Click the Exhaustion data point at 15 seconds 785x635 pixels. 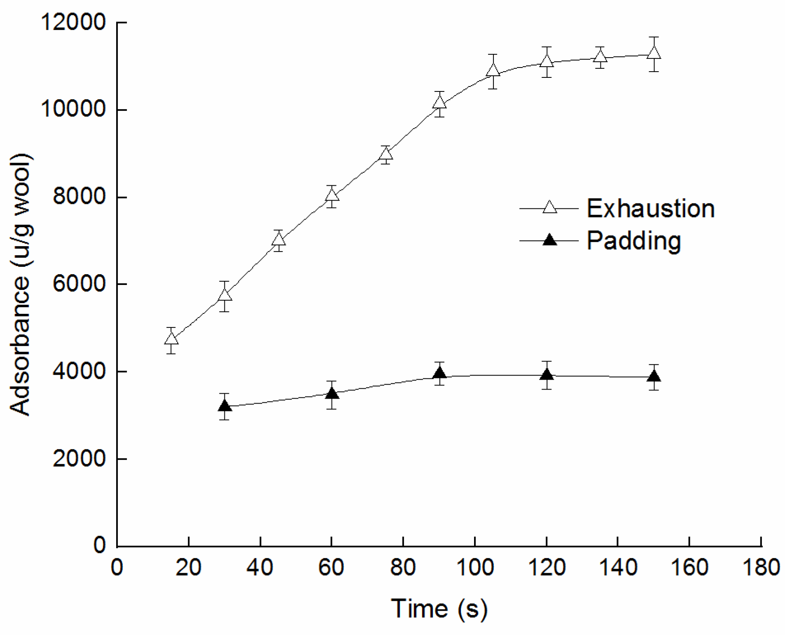(x=171, y=339)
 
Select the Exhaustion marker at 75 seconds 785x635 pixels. (x=385, y=154)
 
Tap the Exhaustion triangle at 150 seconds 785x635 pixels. (x=654, y=53)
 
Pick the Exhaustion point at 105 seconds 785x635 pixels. (x=493, y=70)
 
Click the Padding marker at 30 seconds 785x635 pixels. (x=224, y=406)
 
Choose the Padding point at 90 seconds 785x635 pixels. (x=439, y=374)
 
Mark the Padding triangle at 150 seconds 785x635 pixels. (x=654, y=376)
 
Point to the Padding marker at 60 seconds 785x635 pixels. (x=332, y=394)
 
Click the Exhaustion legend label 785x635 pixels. (x=650, y=208)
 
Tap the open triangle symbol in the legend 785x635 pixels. (x=549, y=207)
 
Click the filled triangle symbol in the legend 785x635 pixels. (x=549, y=240)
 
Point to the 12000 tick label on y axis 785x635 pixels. (x=73, y=22)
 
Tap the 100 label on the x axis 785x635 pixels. (x=475, y=568)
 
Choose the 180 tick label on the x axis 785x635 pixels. (x=761, y=568)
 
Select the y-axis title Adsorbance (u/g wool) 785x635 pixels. (x=21, y=284)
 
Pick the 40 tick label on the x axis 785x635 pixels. (x=260, y=568)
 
